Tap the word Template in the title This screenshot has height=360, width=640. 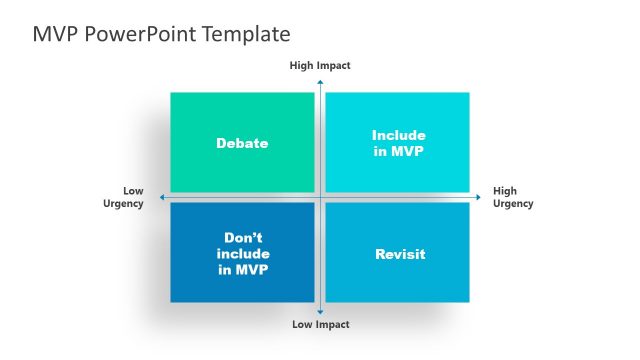(245, 34)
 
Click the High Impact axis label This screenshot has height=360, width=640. (320, 65)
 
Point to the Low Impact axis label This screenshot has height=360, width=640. (320, 324)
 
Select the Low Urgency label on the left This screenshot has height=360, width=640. (124, 197)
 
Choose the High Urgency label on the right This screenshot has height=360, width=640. (512, 197)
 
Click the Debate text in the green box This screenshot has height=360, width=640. (242, 143)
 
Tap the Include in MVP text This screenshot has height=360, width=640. (398, 143)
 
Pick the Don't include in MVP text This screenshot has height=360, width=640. (242, 254)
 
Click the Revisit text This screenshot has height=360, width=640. (399, 254)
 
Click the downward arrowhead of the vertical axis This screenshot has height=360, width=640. (320, 312)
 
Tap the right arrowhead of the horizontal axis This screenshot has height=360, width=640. (480, 197)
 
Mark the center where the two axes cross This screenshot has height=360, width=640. (320, 197)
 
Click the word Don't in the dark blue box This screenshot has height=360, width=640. (242, 238)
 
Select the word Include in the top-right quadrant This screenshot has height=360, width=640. (398, 135)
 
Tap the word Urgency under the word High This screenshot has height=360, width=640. (512, 203)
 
